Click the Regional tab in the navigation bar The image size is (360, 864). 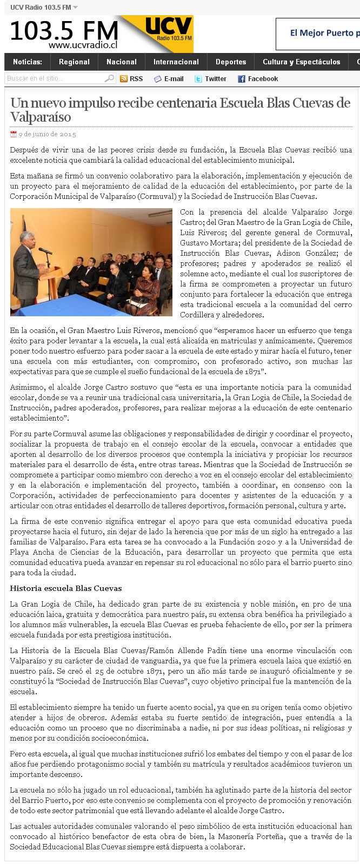pyautogui.click(x=74, y=62)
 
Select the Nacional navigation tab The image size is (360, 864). pyautogui.click(x=122, y=62)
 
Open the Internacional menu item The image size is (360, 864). pyautogui.click(x=176, y=62)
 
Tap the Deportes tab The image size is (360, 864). pyautogui.click(x=231, y=62)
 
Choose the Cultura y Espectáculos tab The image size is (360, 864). pyautogui.click(x=301, y=62)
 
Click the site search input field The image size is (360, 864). pyautogui.click(x=54, y=78)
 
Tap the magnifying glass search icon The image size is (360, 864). pyautogui.click(x=109, y=78)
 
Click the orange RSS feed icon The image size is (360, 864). pyautogui.click(x=124, y=79)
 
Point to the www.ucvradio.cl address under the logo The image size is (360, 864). pyautogui.click(x=83, y=45)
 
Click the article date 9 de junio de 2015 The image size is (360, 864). pyautogui.click(x=47, y=134)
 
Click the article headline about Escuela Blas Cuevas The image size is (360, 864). pyautogui.click(x=180, y=110)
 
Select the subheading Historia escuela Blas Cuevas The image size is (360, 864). pyautogui.click(x=66, y=588)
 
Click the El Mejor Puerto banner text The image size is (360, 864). pyautogui.click(x=323, y=33)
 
